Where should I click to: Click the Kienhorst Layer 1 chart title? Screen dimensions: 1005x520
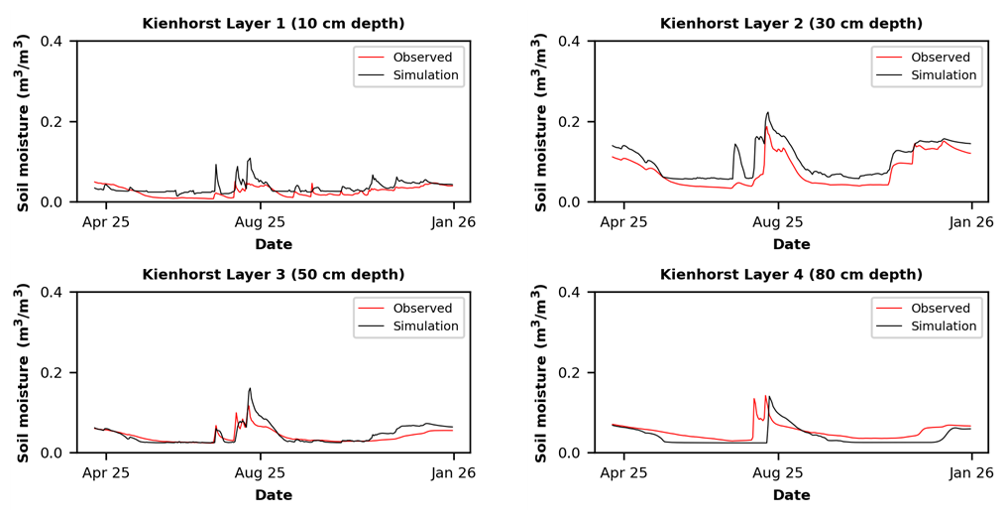point(273,24)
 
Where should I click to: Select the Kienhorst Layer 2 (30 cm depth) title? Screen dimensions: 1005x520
point(791,24)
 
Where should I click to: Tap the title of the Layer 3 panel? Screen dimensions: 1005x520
point(273,275)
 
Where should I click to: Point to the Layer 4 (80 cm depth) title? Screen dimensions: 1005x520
point(791,275)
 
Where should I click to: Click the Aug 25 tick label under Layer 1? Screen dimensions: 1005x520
point(261,222)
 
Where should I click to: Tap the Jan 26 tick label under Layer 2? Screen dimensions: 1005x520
point(971,222)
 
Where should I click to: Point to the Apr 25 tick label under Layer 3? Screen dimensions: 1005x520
point(106,473)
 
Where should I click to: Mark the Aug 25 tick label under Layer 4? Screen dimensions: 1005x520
point(778,473)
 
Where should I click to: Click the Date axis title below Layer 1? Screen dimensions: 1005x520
point(274,244)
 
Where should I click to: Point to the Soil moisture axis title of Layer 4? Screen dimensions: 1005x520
point(541,374)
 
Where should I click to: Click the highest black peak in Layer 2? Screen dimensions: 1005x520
point(767,112)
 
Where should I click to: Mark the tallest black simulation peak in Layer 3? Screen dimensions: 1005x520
point(250,388)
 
